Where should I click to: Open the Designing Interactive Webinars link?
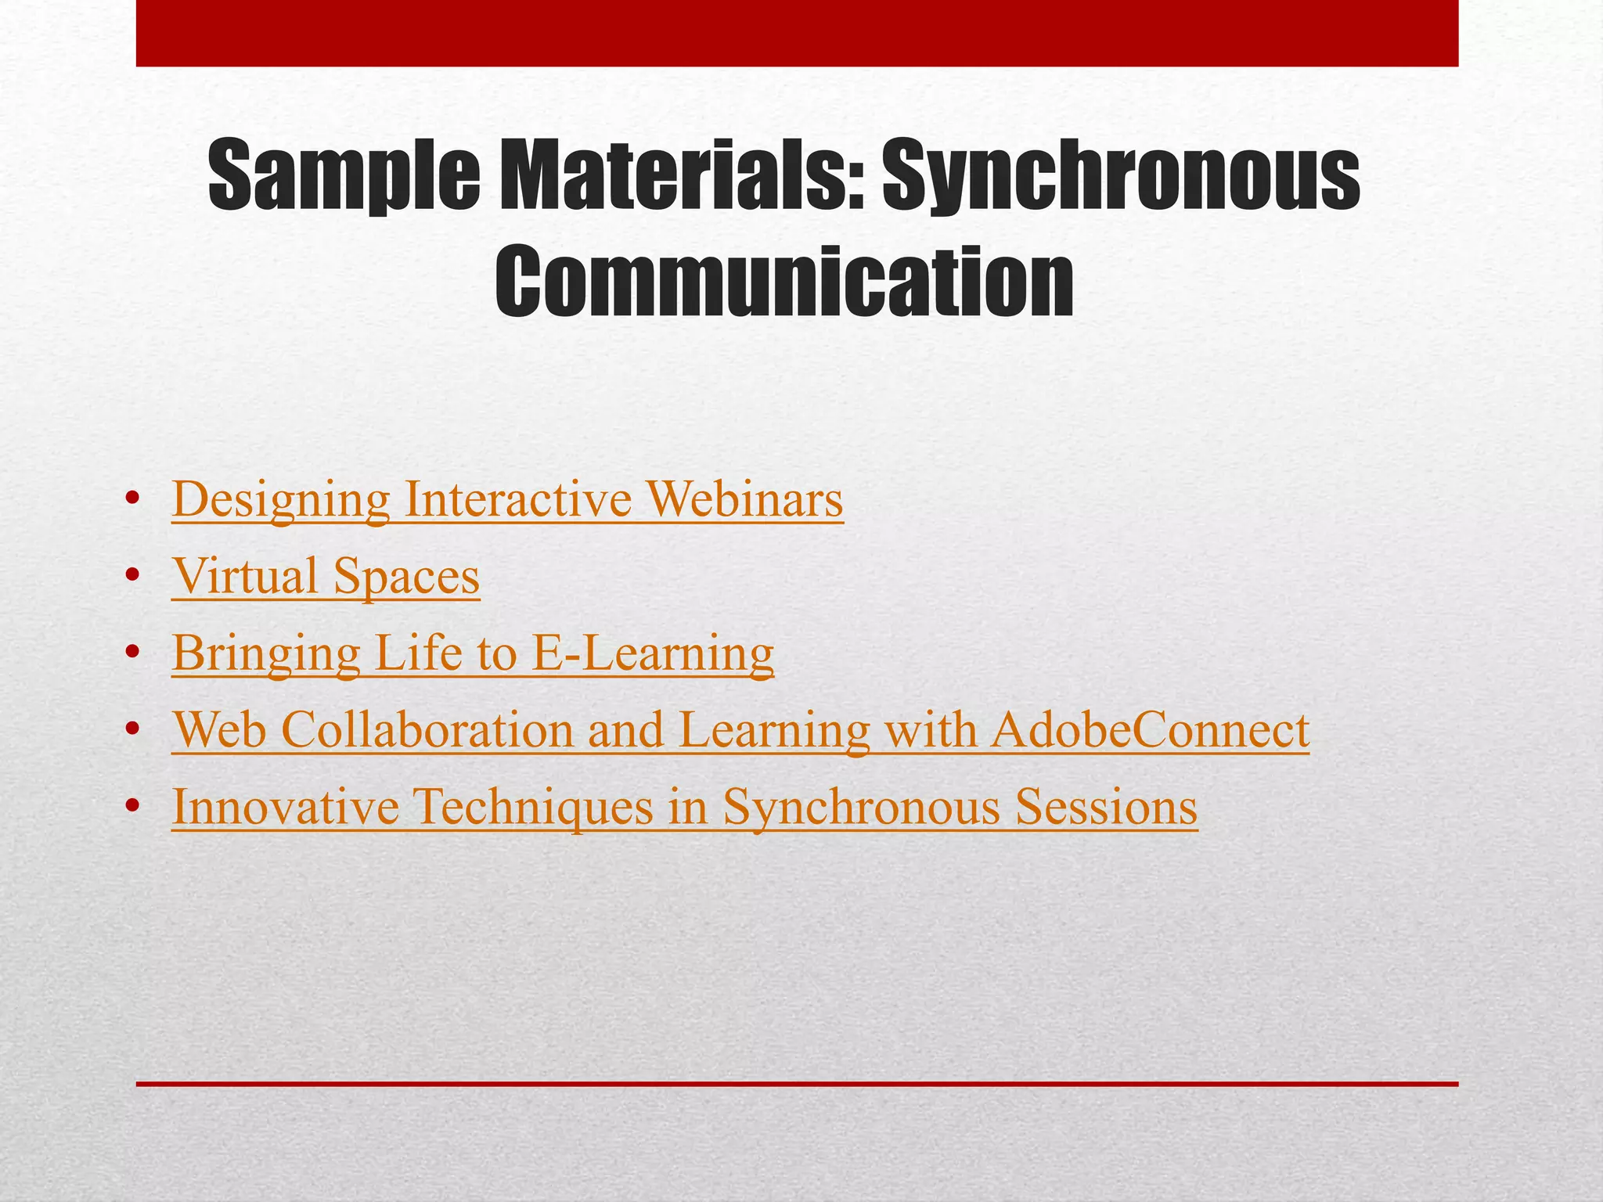click(507, 500)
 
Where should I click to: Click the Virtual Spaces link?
click(326, 577)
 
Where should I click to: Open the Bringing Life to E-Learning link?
click(473, 653)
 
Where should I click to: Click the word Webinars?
click(744, 500)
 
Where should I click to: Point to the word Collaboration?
click(427, 730)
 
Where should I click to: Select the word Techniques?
click(532, 807)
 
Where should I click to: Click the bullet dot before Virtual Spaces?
click(132, 577)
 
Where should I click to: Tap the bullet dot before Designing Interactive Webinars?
click(132, 500)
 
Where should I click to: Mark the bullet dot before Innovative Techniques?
click(132, 807)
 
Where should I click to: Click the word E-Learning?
click(652, 653)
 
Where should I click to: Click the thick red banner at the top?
click(797, 33)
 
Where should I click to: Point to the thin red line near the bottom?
click(797, 1084)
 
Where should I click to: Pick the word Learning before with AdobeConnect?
click(773, 730)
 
